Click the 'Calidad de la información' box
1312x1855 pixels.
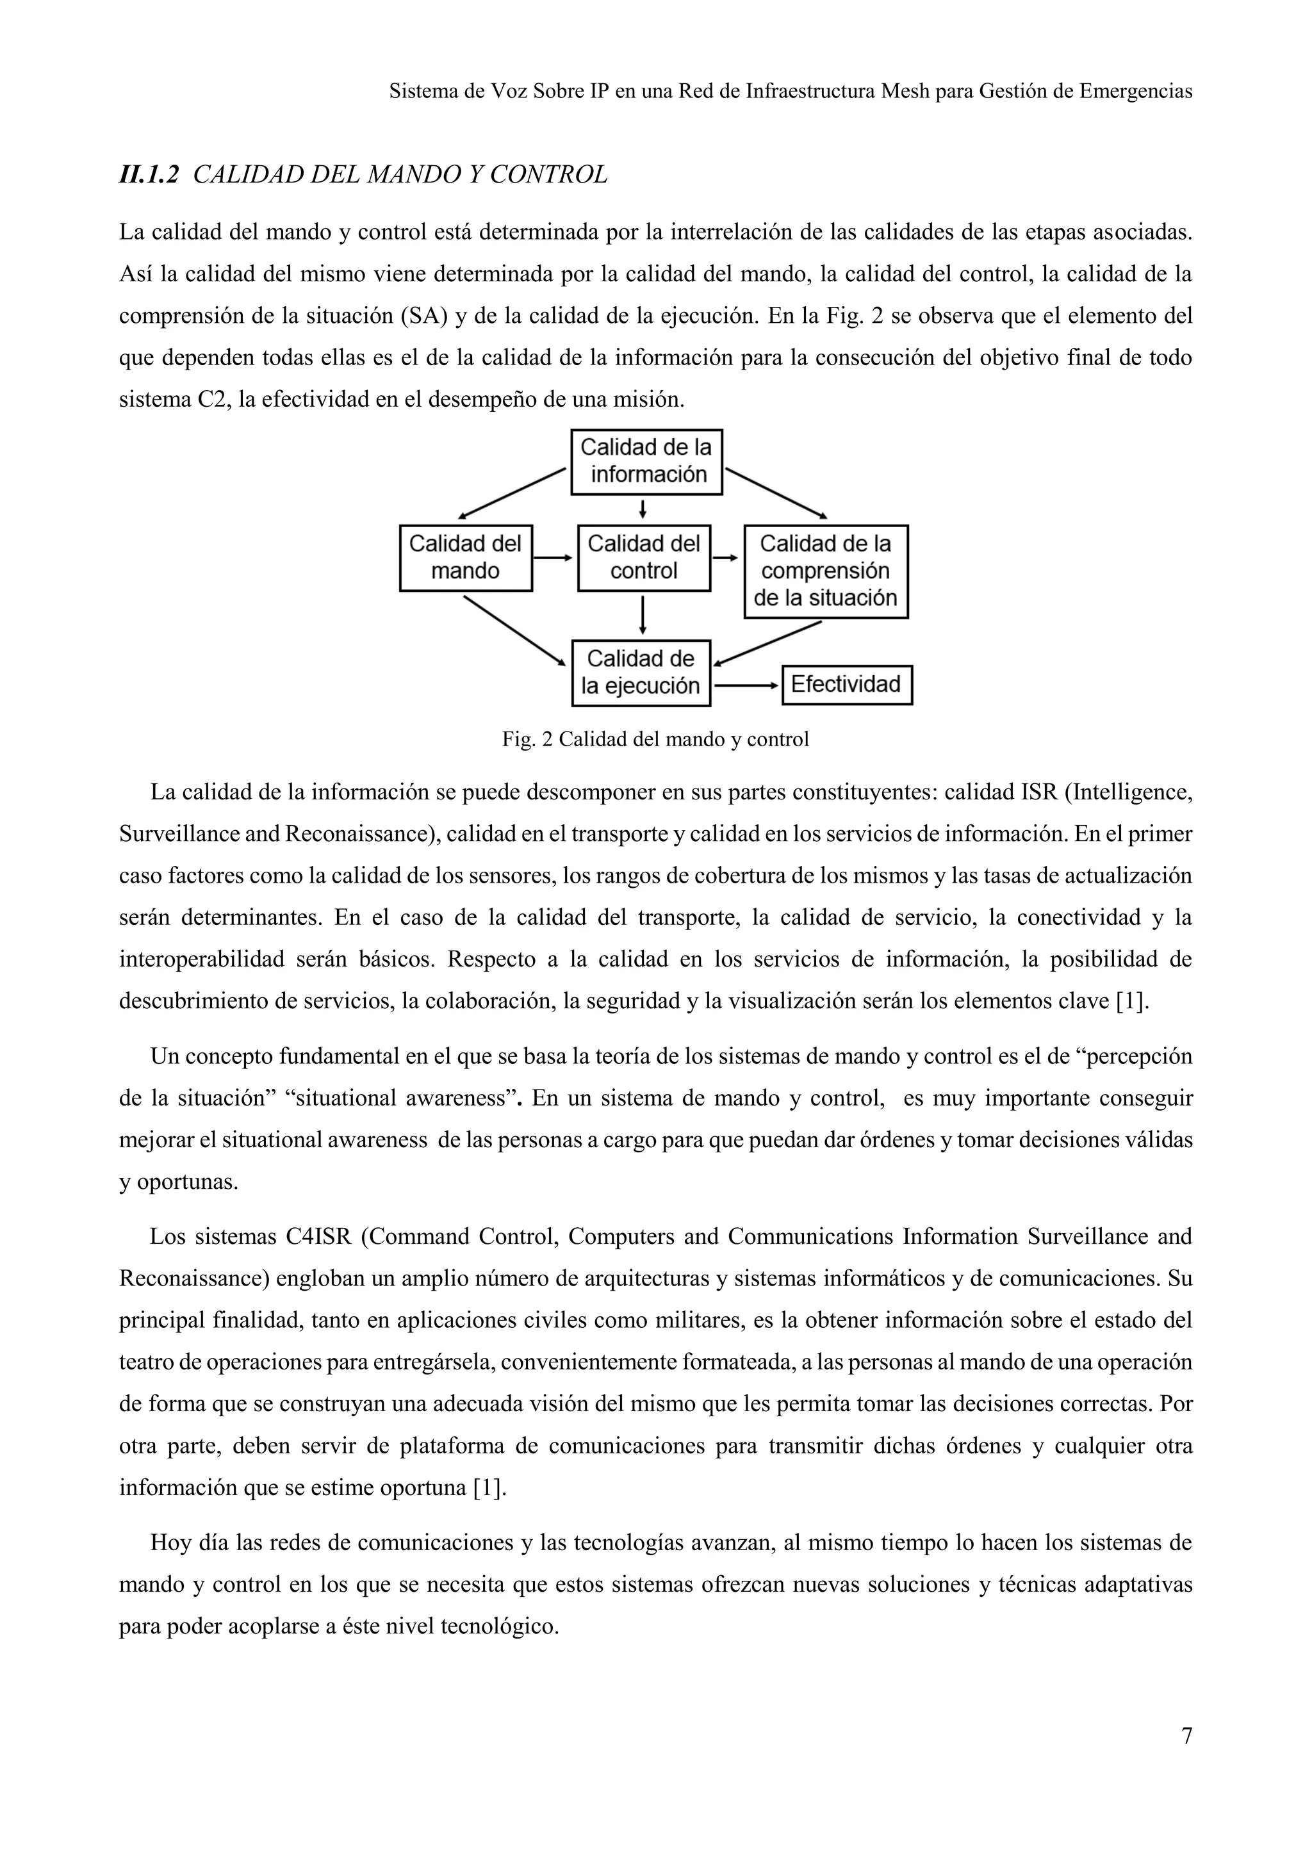pyautogui.click(x=646, y=461)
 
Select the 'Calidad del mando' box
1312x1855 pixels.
pyautogui.click(x=465, y=557)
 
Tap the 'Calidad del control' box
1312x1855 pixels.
pyautogui.click(x=644, y=557)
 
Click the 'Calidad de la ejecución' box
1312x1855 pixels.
pyautogui.click(x=641, y=672)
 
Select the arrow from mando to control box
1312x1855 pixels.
pyautogui.click(x=554, y=557)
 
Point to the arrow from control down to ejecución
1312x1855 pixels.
pyautogui.click(x=643, y=616)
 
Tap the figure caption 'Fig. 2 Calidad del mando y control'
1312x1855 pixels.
pyautogui.click(x=655, y=739)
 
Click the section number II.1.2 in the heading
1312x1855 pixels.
pyautogui.click(x=149, y=174)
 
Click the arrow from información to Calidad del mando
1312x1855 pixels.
pyautogui.click(x=511, y=493)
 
